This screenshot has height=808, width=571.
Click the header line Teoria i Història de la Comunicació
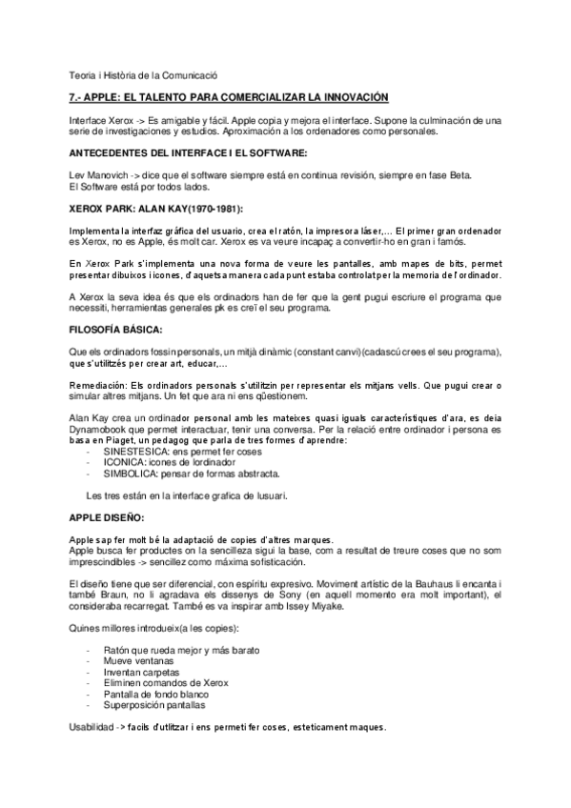pos(144,73)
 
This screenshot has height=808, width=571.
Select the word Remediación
pos(101,385)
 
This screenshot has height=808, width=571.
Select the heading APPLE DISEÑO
pos(107,517)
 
